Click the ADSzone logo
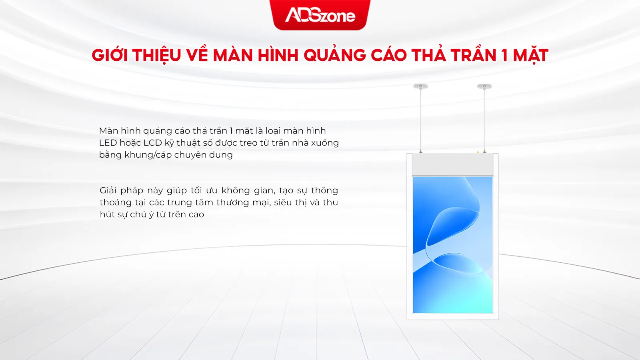(x=320, y=15)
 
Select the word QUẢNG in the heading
(x=334, y=56)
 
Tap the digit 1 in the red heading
(x=505, y=56)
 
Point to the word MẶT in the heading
(x=530, y=56)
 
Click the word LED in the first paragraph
(x=108, y=143)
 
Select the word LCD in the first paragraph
(x=152, y=143)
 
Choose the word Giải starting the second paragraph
(x=108, y=190)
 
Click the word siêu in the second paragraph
(x=283, y=202)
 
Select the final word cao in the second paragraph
(x=196, y=214)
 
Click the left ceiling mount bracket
(x=420, y=86)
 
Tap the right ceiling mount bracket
(x=484, y=86)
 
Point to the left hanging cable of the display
(x=420, y=120)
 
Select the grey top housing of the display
(x=453, y=164)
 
